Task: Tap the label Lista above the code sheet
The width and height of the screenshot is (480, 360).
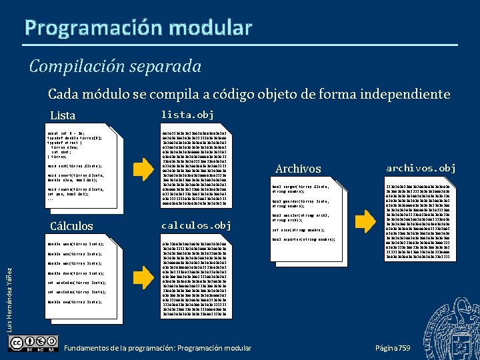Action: pos(63,115)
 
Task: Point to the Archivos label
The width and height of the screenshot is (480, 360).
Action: pos(298,169)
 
